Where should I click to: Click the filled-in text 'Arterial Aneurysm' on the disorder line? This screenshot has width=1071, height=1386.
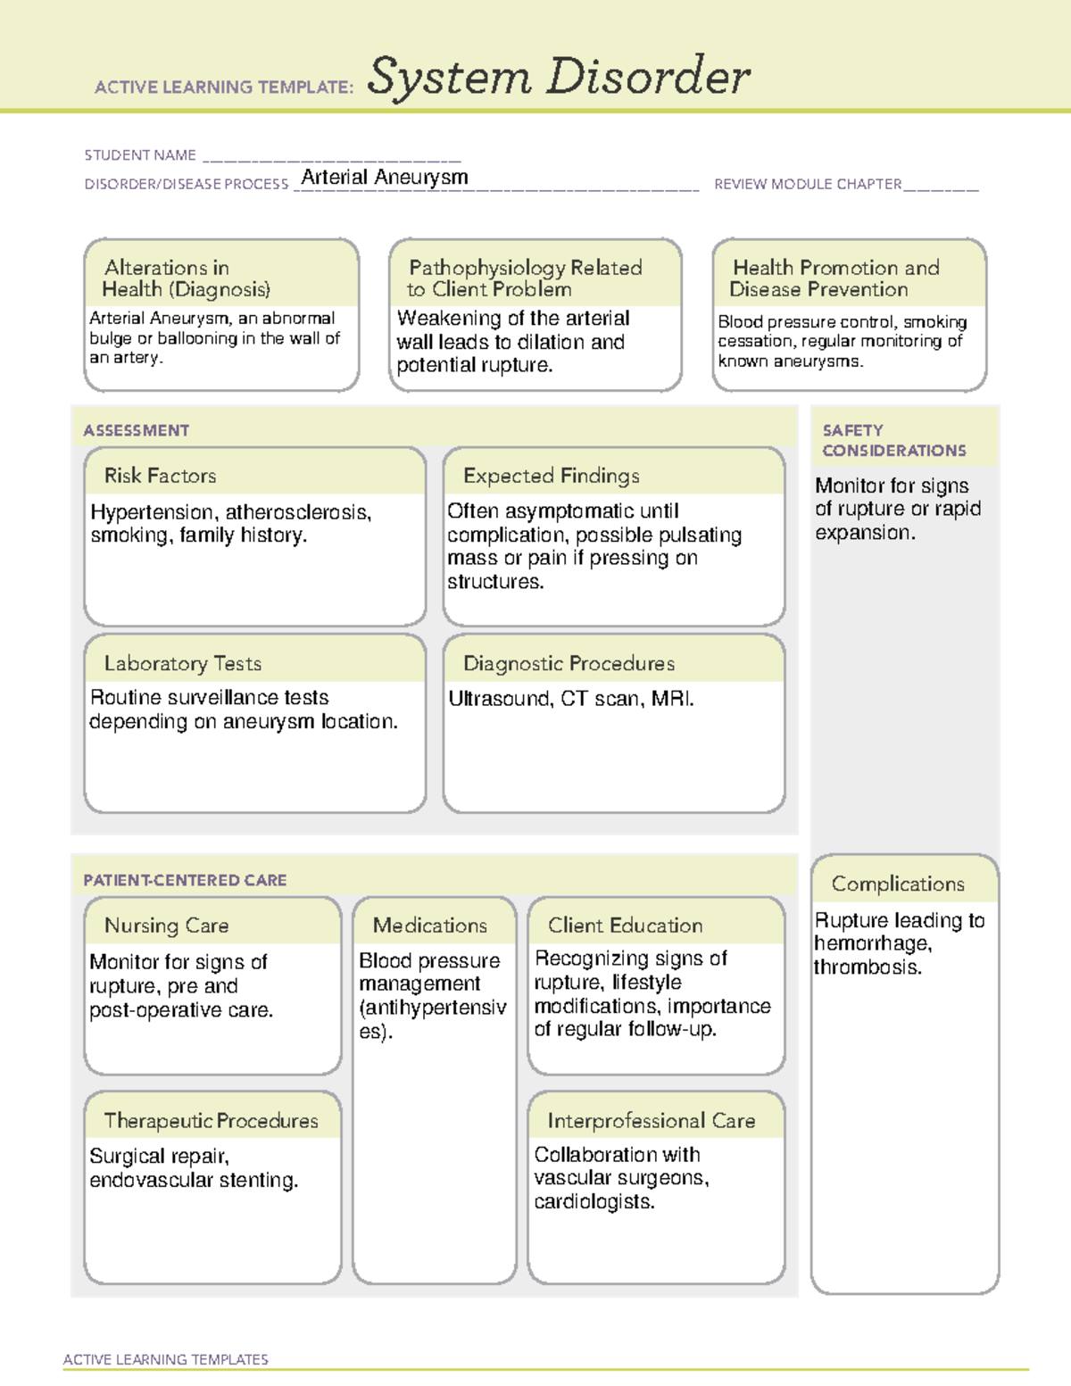(x=385, y=177)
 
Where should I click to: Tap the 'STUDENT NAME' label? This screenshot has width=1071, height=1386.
(x=140, y=155)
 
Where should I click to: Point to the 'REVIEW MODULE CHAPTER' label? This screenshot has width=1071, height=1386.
(x=808, y=185)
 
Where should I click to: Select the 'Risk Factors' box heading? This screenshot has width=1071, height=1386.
(x=160, y=476)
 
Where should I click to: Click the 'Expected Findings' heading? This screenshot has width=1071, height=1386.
(x=551, y=476)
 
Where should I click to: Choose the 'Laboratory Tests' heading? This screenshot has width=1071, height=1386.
(x=182, y=663)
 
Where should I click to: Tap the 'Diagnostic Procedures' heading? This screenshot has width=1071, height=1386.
(x=569, y=663)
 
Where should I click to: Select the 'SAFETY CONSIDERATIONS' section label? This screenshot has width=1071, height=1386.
(x=893, y=441)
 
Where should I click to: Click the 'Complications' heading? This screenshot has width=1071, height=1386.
(x=898, y=884)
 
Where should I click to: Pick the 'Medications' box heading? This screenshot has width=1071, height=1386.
(x=429, y=925)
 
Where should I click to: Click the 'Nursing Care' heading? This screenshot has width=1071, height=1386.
(x=166, y=925)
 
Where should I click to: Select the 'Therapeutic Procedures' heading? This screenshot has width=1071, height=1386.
(x=211, y=1120)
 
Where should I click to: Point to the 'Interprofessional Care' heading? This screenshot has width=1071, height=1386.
(x=651, y=1120)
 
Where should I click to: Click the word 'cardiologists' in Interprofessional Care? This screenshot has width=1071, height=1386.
(x=592, y=1202)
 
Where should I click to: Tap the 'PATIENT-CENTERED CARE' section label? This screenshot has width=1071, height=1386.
(x=185, y=880)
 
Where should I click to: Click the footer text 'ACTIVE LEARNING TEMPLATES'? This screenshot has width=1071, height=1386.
(x=165, y=1359)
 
